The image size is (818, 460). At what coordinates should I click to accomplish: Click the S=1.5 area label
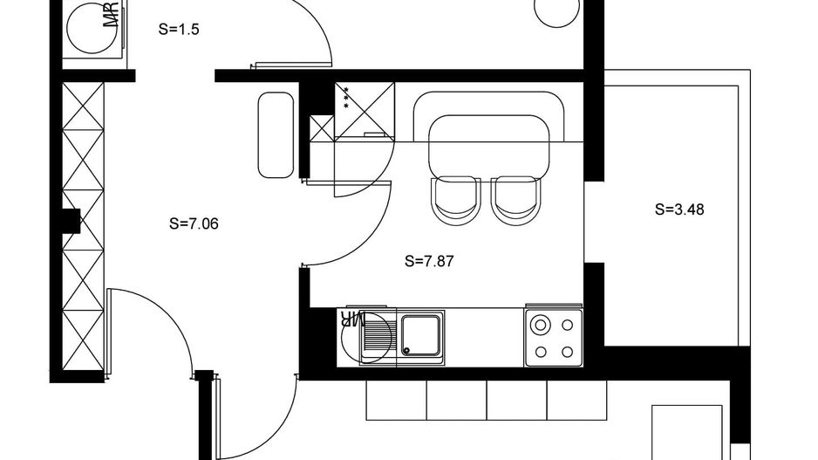[x=180, y=29]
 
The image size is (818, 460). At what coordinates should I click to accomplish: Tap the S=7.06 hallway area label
[x=194, y=223]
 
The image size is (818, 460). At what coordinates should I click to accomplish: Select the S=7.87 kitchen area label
[x=430, y=260]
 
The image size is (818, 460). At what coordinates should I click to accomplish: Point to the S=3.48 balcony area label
[x=679, y=209]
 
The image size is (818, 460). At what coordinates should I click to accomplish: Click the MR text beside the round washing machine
[x=111, y=16]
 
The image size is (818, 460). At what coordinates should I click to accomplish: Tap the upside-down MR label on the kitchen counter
[x=352, y=319]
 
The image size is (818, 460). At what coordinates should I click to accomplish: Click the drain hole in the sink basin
[x=406, y=349]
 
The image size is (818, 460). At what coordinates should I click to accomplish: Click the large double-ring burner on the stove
[x=541, y=326]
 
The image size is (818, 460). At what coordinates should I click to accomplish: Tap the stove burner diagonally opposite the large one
[x=568, y=352]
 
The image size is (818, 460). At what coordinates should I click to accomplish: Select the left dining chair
[x=455, y=199]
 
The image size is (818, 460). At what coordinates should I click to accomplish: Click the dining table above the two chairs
[x=489, y=144]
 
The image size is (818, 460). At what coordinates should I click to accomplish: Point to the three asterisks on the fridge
[x=346, y=98]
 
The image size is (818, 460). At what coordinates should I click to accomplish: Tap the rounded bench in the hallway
[x=274, y=135]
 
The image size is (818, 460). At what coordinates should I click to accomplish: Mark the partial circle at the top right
[x=556, y=11]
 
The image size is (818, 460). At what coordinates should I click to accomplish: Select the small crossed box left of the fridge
[x=322, y=127]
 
